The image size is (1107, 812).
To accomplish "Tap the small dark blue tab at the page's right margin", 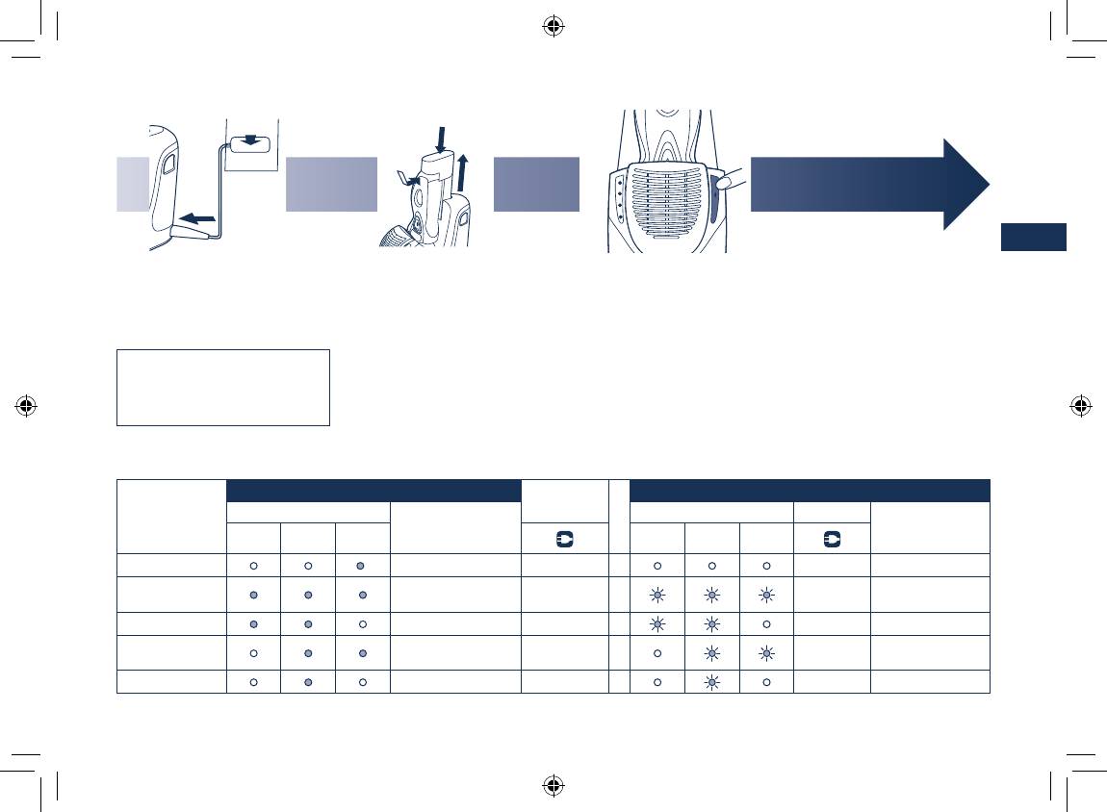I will coord(1033,237).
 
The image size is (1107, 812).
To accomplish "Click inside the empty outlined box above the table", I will coord(222,387).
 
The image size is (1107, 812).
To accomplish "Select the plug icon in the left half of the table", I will coord(564,539).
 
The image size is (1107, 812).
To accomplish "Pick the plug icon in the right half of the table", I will coord(832,539).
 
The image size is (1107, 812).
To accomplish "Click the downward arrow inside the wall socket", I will coord(250,141).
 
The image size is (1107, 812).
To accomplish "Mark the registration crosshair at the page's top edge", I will coord(553,26).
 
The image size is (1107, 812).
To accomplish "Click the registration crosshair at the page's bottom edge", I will coord(553,785).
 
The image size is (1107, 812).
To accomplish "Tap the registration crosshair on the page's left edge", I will coord(27,405).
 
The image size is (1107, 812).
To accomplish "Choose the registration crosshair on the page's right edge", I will coord(1080,405).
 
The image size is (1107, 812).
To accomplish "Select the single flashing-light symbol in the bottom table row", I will coord(711,681).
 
